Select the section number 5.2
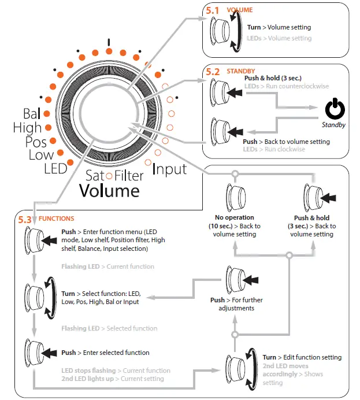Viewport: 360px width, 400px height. click(213, 72)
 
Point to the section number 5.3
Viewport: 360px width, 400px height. click(26, 220)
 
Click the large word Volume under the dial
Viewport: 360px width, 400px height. click(109, 190)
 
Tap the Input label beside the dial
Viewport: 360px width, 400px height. click(169, 169)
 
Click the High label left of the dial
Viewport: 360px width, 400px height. click(27, 127)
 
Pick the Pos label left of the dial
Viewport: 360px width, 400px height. click(36, 142)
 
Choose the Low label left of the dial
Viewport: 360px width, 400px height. click(40, 155)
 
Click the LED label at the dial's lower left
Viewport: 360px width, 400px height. click(55, 169)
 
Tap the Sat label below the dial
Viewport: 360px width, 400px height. click(95, 176)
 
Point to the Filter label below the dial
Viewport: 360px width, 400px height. click(128, 176)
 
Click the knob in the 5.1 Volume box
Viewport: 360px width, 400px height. click(221, 32)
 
